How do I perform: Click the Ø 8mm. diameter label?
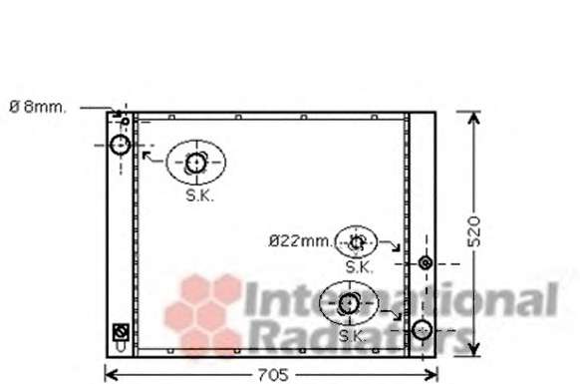(38, 108)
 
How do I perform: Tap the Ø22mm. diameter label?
(301, 241)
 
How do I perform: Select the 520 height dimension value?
(473, 231)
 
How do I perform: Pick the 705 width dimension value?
(273, 375)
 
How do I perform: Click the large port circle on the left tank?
(121, 145)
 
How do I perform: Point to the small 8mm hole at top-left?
(126, 121)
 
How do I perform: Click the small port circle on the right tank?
(426, 263)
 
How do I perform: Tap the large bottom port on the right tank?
(422, 330)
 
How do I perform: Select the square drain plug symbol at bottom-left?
(121, 332)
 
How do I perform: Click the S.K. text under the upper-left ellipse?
(199, 195)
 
